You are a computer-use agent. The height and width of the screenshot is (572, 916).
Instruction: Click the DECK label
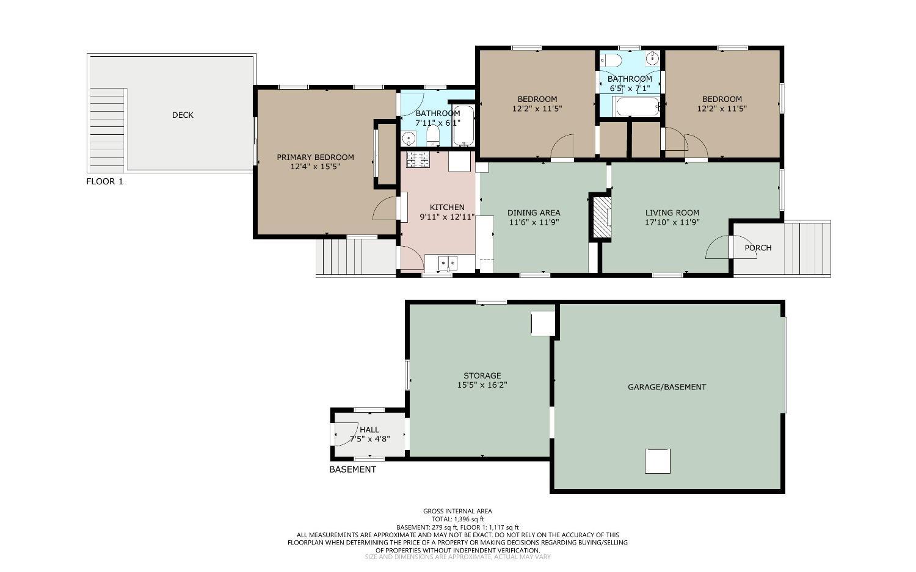tap(183, 115)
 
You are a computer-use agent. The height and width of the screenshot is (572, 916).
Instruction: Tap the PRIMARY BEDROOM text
tap(315, 157)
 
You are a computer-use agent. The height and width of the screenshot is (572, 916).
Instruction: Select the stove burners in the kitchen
tap(418, 159)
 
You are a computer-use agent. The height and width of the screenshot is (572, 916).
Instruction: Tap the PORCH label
tap(758, 248)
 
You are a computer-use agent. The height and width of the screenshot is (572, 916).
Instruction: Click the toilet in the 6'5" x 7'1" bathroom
tap(611, 60)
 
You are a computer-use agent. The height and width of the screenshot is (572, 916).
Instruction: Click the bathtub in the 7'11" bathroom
tap(463, 126)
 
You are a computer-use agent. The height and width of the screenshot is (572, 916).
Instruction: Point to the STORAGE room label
tap(482, 376)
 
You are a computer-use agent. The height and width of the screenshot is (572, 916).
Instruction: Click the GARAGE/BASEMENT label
tap(667, 387)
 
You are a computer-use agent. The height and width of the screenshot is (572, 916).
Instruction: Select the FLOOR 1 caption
tap(104, 181)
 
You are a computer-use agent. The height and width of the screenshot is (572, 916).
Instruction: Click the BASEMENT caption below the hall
tap(352, 469)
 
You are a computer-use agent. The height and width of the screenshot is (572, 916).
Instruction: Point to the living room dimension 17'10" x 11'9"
tap(672, 222)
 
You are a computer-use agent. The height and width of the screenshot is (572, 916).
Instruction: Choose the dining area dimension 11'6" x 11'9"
tap(534, 222)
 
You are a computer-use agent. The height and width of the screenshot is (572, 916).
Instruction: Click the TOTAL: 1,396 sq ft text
tap(457, 519)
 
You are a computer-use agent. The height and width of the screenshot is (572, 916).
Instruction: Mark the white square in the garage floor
tap(658, 461)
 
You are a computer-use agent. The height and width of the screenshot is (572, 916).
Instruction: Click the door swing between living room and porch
tap(718, 248)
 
